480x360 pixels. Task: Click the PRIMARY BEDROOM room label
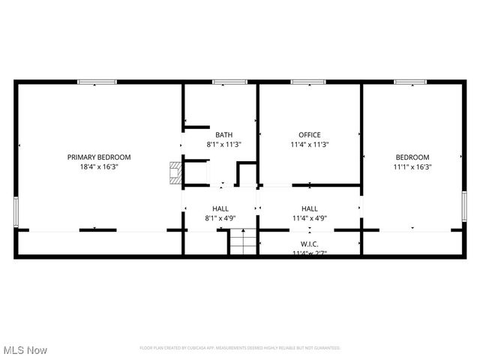99,157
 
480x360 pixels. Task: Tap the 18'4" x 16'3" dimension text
99,166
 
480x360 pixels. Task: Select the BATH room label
223,135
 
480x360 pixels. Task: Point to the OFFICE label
310,135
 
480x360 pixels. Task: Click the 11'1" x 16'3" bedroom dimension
413,166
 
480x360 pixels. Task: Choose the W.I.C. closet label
310,243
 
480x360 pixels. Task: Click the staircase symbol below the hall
241,243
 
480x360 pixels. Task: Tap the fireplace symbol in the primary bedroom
175,172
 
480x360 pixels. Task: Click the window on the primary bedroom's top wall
97,82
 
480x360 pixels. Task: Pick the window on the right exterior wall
464,203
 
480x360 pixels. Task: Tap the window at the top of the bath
229,82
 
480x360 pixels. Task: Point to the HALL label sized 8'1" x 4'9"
220,208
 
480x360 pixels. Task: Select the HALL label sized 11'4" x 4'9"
310,208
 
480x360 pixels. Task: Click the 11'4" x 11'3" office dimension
310,145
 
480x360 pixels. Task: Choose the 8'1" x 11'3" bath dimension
223,145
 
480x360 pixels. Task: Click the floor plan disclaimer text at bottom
240,348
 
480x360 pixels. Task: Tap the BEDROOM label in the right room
413,157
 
